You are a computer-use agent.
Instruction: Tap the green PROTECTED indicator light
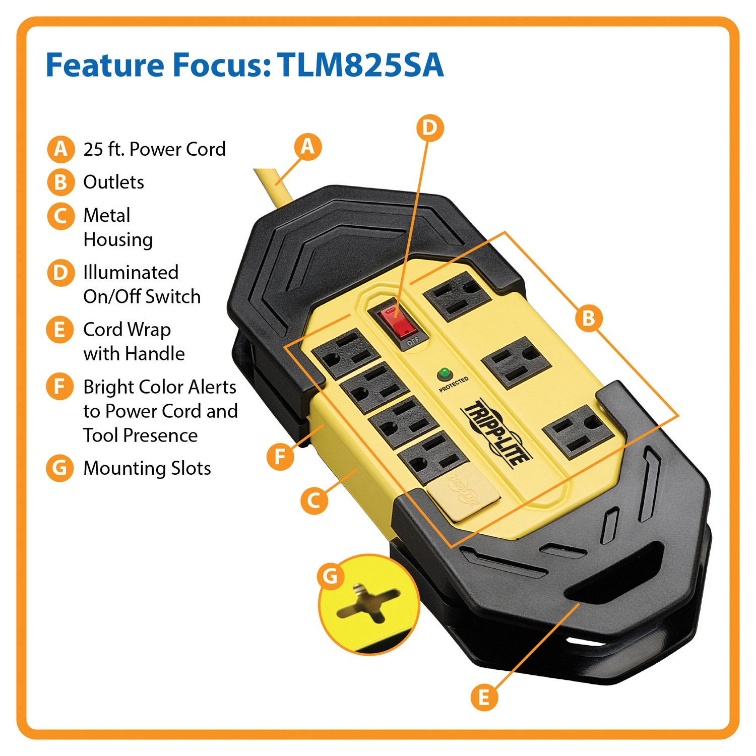tap(444, 373)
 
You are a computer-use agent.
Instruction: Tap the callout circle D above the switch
tap(430, 128)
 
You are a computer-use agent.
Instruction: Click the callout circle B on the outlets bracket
tap(588, 319)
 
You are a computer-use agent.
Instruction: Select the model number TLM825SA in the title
tap(360, 65)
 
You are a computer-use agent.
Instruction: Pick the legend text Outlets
tap(113, 182)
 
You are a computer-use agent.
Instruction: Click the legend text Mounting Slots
tap(147, 468)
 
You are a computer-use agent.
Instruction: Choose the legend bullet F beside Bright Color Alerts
tap(60, 386)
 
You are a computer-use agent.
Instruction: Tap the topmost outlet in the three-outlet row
tap(458, 295)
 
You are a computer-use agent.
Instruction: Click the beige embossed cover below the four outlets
tap(464, 496)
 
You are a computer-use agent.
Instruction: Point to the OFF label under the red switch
tap(413, 341)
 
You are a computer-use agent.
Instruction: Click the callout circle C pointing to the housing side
tap(314, 500)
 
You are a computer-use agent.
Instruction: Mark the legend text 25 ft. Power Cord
tap(154, 149)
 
